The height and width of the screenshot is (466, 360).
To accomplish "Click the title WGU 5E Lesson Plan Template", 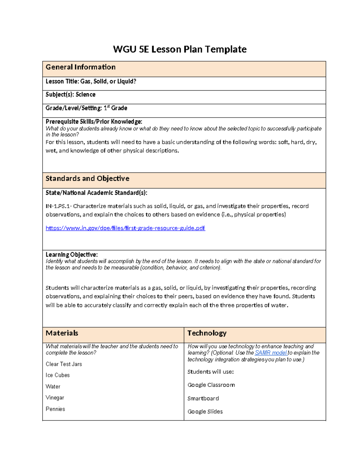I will pos(180,49).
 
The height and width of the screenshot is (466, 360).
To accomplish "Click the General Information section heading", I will pos(80,67).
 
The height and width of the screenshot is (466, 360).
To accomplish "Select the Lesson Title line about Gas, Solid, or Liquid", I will pos(91,81).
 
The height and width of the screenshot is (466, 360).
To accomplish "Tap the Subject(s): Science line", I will pos(70,95).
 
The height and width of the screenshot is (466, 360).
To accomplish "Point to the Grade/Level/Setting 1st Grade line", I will pos(86,108).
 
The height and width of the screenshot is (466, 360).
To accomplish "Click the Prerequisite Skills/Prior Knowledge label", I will pos(94,122).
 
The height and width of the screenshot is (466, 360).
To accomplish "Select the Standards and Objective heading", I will pos(87,179).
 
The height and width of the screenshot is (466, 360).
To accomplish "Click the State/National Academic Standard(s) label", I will pos(96,193).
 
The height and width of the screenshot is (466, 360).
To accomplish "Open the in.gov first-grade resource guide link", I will pos(125,228).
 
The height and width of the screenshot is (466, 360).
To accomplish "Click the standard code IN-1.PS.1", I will pos(58,206).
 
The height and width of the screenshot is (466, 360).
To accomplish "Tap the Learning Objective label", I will pos(71,255).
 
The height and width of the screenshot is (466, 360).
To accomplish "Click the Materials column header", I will pos(62,333).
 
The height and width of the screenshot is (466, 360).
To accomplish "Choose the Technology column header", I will pos(207,333).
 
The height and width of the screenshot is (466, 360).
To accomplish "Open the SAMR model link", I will pos(271,353).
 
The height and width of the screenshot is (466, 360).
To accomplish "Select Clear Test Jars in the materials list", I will pos(64,364).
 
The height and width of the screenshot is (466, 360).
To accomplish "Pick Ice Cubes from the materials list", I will pos(58,375).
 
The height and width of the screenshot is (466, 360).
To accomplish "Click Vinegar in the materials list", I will pos(55,398).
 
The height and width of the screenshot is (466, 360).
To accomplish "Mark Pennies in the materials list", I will pos(55,409).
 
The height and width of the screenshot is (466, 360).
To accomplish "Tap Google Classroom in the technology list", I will pos(211,385).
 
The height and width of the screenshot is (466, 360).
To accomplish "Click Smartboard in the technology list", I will pos(203,398).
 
